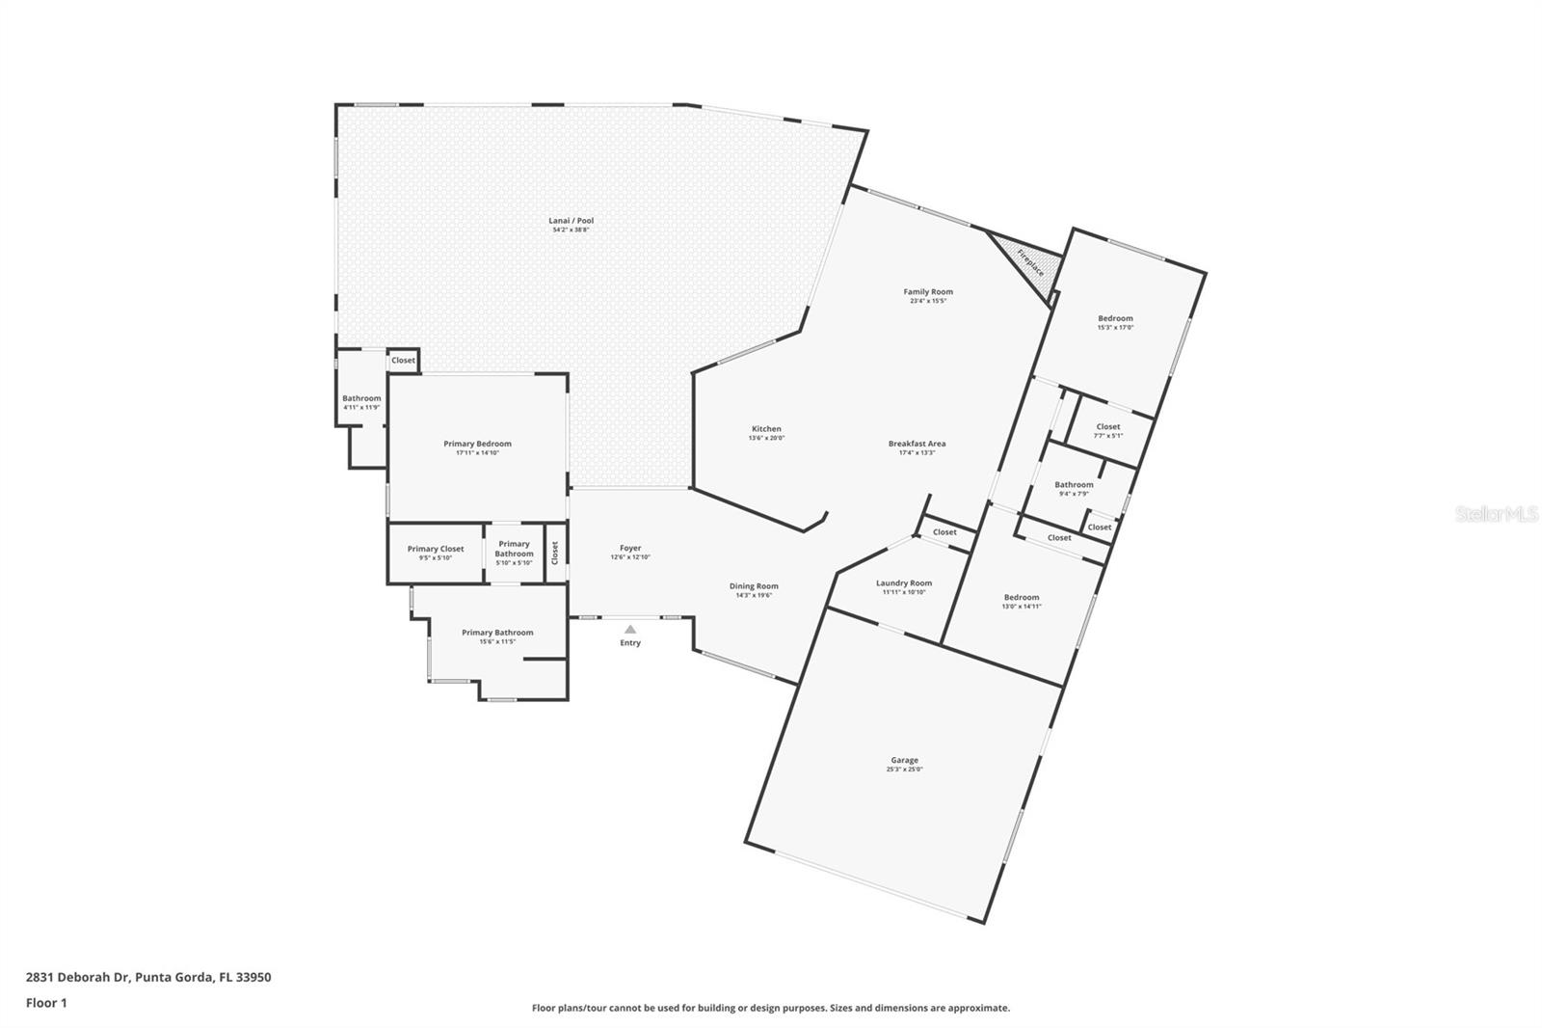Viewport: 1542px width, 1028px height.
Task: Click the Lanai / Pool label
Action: [x=571, y=221]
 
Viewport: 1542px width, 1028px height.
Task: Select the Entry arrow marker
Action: [x=630, y=630]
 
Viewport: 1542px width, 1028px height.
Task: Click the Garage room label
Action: [x=904, y=760]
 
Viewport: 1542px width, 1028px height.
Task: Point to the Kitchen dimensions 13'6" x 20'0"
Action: [x=766, y=438]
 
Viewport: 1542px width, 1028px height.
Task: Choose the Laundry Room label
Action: [x=903, y=582]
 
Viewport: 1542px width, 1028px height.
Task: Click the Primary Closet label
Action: [x=436, y=549]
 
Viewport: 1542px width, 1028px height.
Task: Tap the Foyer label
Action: [x=630, y=548]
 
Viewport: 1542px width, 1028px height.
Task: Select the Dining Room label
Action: [x=754, y=585]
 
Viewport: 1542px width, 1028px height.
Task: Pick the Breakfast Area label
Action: [x=917, y=444]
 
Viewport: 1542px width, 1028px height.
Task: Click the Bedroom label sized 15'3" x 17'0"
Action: [x=1115, y=318]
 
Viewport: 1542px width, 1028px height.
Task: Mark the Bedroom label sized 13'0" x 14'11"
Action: [x=1021, y=597]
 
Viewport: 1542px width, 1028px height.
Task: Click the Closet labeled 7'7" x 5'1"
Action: [x=1107, y=426]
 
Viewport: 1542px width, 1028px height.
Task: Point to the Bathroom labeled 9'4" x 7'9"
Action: [x=1074, y=485]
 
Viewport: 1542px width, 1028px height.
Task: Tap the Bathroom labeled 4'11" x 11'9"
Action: [x=361, y=398]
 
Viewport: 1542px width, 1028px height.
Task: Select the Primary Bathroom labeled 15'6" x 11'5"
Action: [x=497, y=633]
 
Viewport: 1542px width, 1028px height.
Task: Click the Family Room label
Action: [x=928, y=291]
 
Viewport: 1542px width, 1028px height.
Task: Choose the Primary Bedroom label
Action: [x=477, y=444]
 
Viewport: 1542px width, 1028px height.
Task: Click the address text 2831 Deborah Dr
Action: [x=78, y=977]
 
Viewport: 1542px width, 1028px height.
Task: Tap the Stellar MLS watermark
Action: [x=1496, y=515]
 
